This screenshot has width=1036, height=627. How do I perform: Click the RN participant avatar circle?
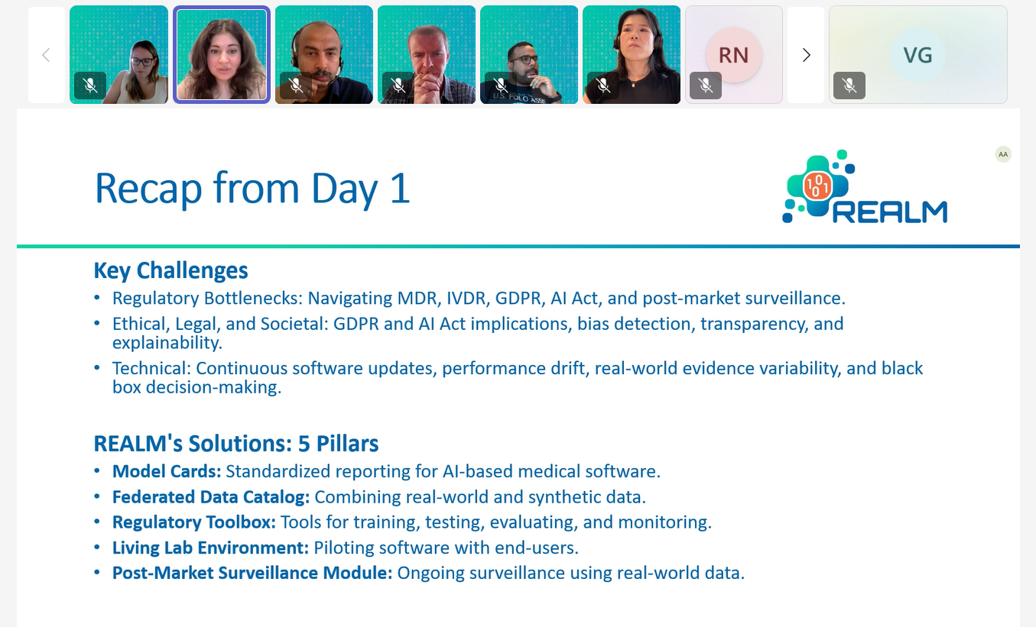click(x=733, y=55)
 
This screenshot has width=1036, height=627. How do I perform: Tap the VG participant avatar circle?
click(x=917, y=55)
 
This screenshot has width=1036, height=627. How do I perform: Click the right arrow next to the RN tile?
click(x=806, y=55)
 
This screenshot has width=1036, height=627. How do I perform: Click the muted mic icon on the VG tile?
click(x=849, y=86)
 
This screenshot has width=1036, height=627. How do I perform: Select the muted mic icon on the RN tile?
click(x=705, y=86)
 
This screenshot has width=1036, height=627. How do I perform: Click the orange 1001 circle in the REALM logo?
click(x=817, y=186)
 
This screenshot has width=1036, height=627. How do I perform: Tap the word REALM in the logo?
click(x=890, y=212)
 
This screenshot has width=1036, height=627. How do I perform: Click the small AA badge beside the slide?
click(x=1003, y=154)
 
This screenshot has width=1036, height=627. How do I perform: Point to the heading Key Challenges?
click(x=171, y=271)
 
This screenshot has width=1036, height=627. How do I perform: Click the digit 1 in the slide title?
click(x=400, y=188)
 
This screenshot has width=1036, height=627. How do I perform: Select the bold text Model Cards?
click(x=167, y=471)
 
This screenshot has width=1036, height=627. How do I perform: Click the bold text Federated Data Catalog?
click(x=211, y=497)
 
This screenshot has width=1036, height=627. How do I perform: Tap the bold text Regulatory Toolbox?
click(x=194, y=522)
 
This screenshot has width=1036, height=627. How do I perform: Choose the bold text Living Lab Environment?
click(x=210, y=548)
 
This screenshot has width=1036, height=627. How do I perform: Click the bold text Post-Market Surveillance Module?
click(x=252, y=573)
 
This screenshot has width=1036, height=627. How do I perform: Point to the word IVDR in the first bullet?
click(x=466, y=299)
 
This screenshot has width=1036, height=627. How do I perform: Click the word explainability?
click(x=167, y=343)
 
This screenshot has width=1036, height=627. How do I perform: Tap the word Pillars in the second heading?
click(x=347, y=444)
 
